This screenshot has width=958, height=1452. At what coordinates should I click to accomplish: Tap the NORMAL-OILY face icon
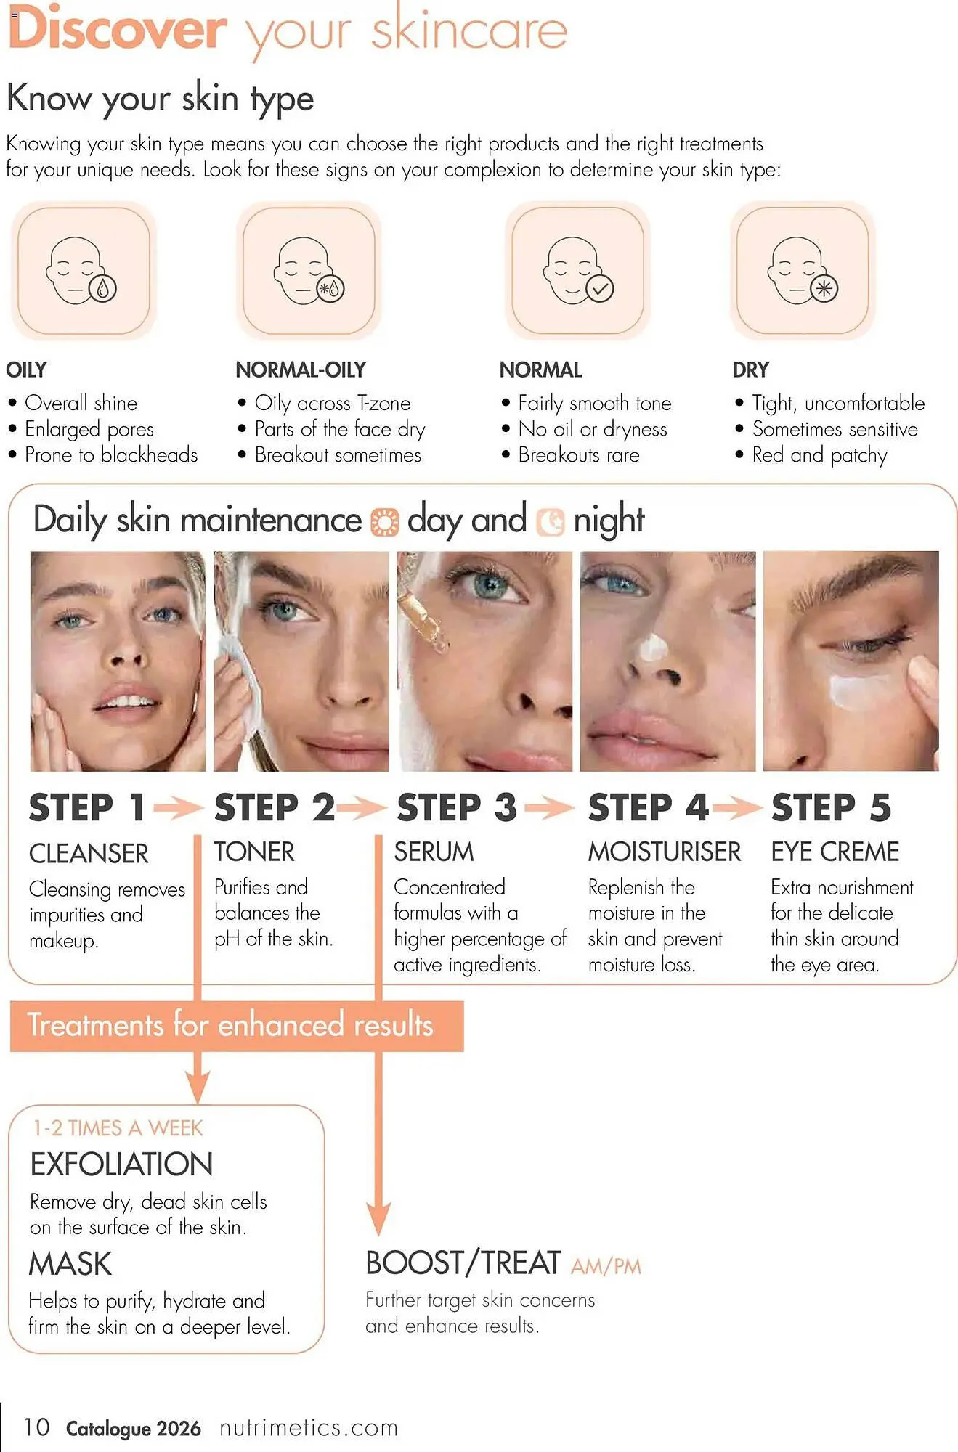pos(309,270)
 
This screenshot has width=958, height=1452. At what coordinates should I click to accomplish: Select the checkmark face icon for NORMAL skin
pos(578,270)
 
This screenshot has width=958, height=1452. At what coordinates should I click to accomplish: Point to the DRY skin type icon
pos(803,270)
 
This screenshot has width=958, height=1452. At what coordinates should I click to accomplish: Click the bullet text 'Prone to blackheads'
pos(110,455)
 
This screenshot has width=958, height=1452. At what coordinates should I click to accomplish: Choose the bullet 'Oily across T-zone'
pos(332,403)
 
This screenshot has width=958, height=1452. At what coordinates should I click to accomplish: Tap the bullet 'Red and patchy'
pos(819,455)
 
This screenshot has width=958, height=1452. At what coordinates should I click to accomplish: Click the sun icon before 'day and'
pos(384,522)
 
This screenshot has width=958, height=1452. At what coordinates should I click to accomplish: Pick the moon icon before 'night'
pos(551,522)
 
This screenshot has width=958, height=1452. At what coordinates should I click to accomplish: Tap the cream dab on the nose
pos(652,645)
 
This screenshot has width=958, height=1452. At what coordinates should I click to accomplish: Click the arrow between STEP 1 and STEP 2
pos(178,807)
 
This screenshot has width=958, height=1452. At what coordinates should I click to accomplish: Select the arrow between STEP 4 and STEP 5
pos(737,807)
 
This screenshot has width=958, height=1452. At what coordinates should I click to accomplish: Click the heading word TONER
pos(254,852)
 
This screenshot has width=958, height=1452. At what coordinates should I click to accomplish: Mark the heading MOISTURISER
pos(664,852)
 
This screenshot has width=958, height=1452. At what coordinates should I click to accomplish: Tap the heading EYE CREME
pos(835,852)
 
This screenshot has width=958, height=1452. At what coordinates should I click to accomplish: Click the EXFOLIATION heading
pos(121,1165)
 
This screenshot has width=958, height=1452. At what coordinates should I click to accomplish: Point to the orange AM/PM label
pos(606,1267)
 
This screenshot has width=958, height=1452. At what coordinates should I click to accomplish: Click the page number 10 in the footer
pos(36,1427)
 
